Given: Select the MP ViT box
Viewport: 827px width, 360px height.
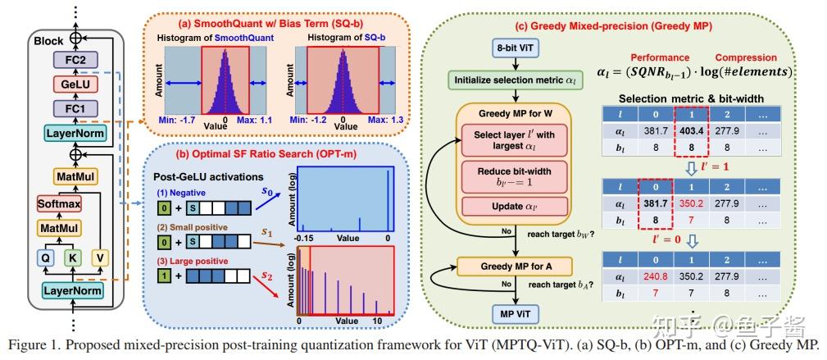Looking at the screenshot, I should pos(515,312).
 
